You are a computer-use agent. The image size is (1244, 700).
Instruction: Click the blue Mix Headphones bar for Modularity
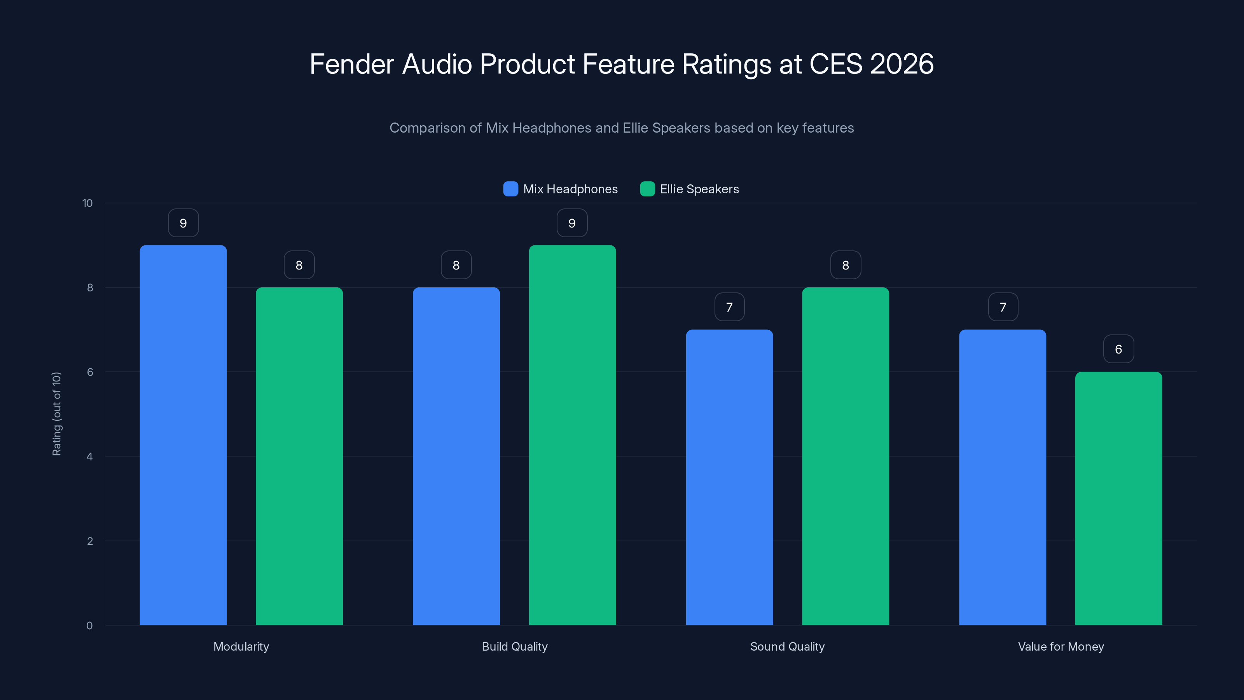tap(183, 435)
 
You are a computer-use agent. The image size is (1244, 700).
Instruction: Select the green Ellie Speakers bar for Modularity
tap(299, 456)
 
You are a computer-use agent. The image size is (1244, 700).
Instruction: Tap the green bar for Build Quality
tap(572, 435)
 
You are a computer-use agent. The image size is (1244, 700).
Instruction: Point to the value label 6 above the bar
tap(1118, 349)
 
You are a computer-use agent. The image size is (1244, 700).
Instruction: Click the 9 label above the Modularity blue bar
tap(183, 223)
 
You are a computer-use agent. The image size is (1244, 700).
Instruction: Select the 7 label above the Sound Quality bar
tap(729, 307)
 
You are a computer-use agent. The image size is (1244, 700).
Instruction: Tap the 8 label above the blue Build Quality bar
tap(456, 265)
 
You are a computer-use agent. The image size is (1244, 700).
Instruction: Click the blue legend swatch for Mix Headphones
tap(510, 189)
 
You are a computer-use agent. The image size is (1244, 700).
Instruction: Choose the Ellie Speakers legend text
tap(699, 189)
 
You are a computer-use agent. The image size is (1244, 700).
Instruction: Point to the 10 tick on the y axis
tap(87, 203)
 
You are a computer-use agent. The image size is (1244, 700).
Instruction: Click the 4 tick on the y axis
tap(89, 457)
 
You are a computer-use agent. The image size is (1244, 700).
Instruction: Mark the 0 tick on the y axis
tap(89, 626)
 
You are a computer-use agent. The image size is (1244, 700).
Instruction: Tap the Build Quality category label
tap(514, 646)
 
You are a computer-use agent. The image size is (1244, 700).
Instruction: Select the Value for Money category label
tap(1061, 646)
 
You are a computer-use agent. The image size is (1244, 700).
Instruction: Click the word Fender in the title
tap(351, 64)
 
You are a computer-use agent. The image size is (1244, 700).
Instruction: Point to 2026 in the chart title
tap(901, 64)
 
